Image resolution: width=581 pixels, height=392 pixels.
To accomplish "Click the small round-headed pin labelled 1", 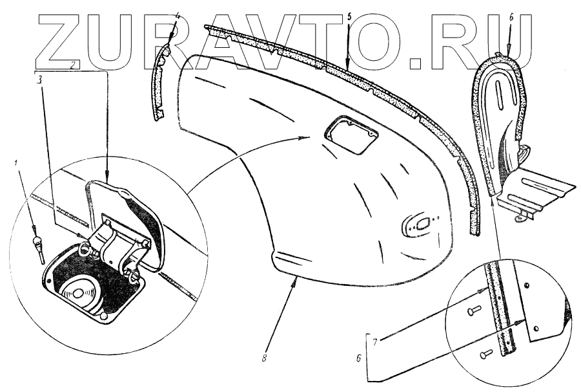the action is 37,245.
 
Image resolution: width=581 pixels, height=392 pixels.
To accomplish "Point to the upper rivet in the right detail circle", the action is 473,312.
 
